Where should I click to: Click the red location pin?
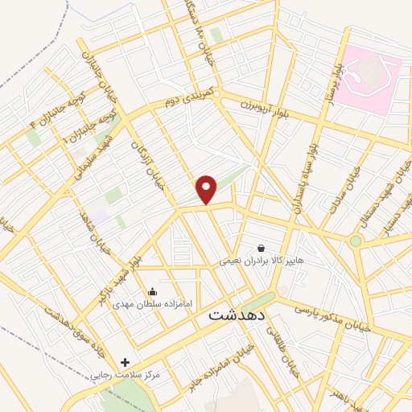208,189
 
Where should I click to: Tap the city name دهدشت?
236,315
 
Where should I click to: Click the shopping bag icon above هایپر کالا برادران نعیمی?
261,249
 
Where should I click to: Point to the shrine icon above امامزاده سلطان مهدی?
152,291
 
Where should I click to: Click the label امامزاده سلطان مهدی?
152,304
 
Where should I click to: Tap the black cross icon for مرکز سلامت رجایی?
124,363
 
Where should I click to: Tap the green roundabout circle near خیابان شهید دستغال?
356,241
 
